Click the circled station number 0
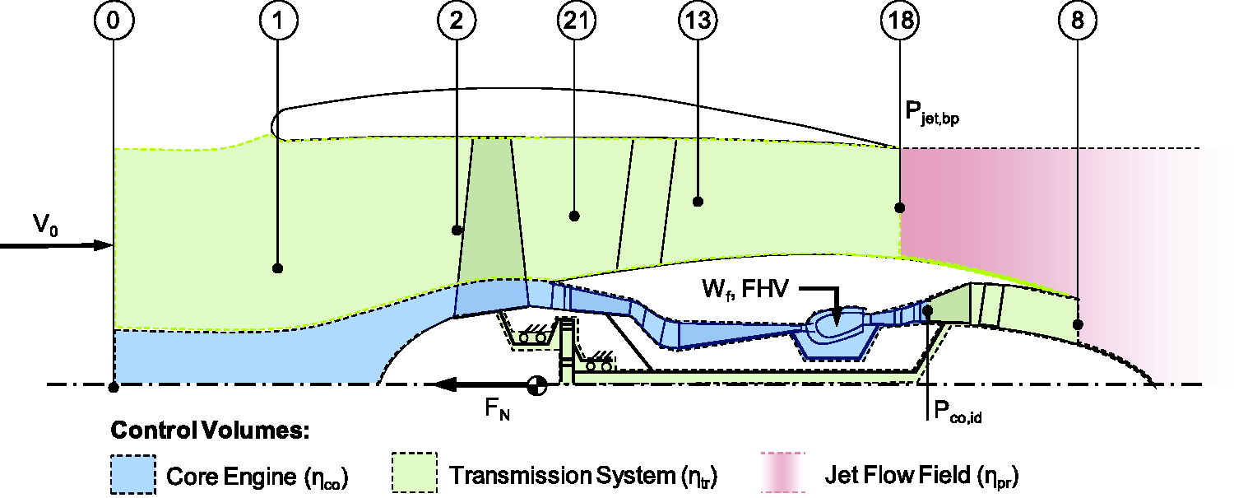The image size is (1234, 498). click(x=114, y=21)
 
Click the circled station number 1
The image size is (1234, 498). click(x=279, y=21)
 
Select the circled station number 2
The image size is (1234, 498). click(x=457, y=21)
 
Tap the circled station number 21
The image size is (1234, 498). click(x=576, y=21)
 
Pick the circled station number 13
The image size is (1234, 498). click(x=698, y=21)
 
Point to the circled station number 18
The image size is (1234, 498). click(x=900, y=21)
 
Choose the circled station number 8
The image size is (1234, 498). click(x=1078, y=21)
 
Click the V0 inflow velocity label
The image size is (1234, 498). click(x=45, y=225)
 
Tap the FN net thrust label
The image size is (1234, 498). click(x=497, y=409)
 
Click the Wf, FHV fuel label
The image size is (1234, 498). click(x=745, y=289)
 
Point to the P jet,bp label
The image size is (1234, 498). click(x=932, y=113)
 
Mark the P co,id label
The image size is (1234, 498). click(x=958, y=412)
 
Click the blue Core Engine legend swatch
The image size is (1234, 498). click(x=133, y=474)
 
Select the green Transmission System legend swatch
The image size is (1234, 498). click(x=415, y=472)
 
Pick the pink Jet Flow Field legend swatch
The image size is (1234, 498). click(x=783, y=472)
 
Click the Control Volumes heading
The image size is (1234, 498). click(x=210, y=431)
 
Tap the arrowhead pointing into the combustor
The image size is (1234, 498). click(x=836, y=319)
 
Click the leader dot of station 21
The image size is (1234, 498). click(x=574, y=216)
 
